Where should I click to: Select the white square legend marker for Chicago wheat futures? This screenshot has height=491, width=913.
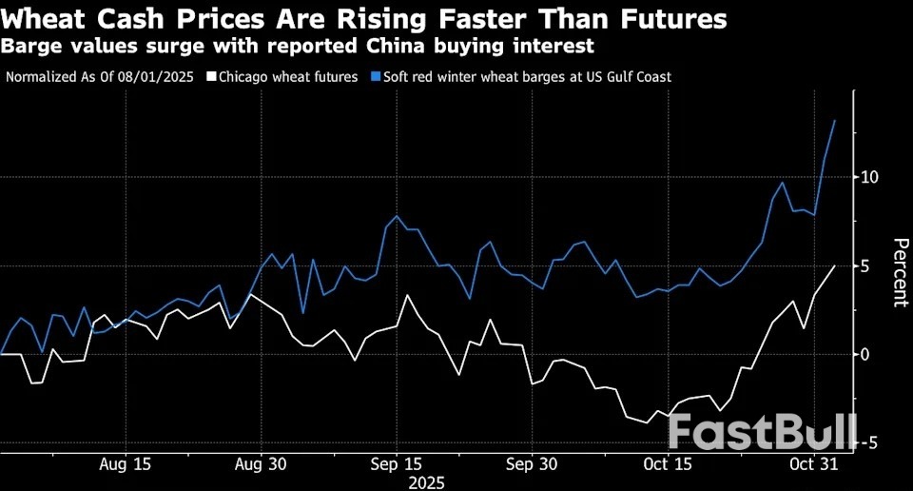(x=211, y=76)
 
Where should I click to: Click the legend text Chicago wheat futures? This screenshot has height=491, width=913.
(x=288, y=76)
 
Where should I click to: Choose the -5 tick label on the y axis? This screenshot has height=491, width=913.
(x=867, y=442)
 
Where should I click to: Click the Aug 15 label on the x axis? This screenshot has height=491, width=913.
(x=126, y=464)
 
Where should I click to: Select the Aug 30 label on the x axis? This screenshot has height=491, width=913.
(x=261, y=464)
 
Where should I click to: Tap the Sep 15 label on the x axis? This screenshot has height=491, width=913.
(x=396, y=464)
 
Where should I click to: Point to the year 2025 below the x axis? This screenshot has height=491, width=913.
(x=425, y=482)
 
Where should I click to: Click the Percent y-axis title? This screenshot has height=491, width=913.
(x=897, y=272)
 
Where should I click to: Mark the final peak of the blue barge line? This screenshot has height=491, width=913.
(x=834, y=121)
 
